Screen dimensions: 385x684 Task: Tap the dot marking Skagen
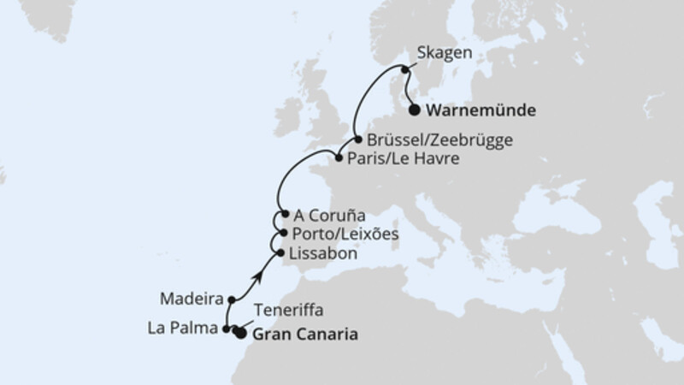coord(404,70)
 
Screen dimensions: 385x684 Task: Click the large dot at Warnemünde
coord(415,110)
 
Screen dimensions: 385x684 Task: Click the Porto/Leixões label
coord(345,234)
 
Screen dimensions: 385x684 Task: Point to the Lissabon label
coord(326,253)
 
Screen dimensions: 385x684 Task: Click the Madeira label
coord(192,299)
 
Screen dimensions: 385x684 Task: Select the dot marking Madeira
coord(231,299)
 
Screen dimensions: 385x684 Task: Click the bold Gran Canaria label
coord(305,335)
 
